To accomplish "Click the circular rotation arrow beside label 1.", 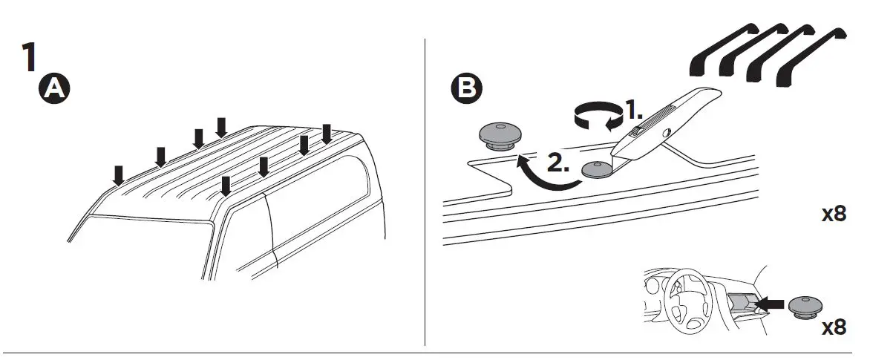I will [598, 117].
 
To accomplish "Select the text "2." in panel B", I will [557, 163].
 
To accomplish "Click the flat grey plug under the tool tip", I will [597, 170].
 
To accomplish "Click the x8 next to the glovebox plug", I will [834, 327].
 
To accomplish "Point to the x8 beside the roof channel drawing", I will [834, 215].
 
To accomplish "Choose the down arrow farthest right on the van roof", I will [326, 134].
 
